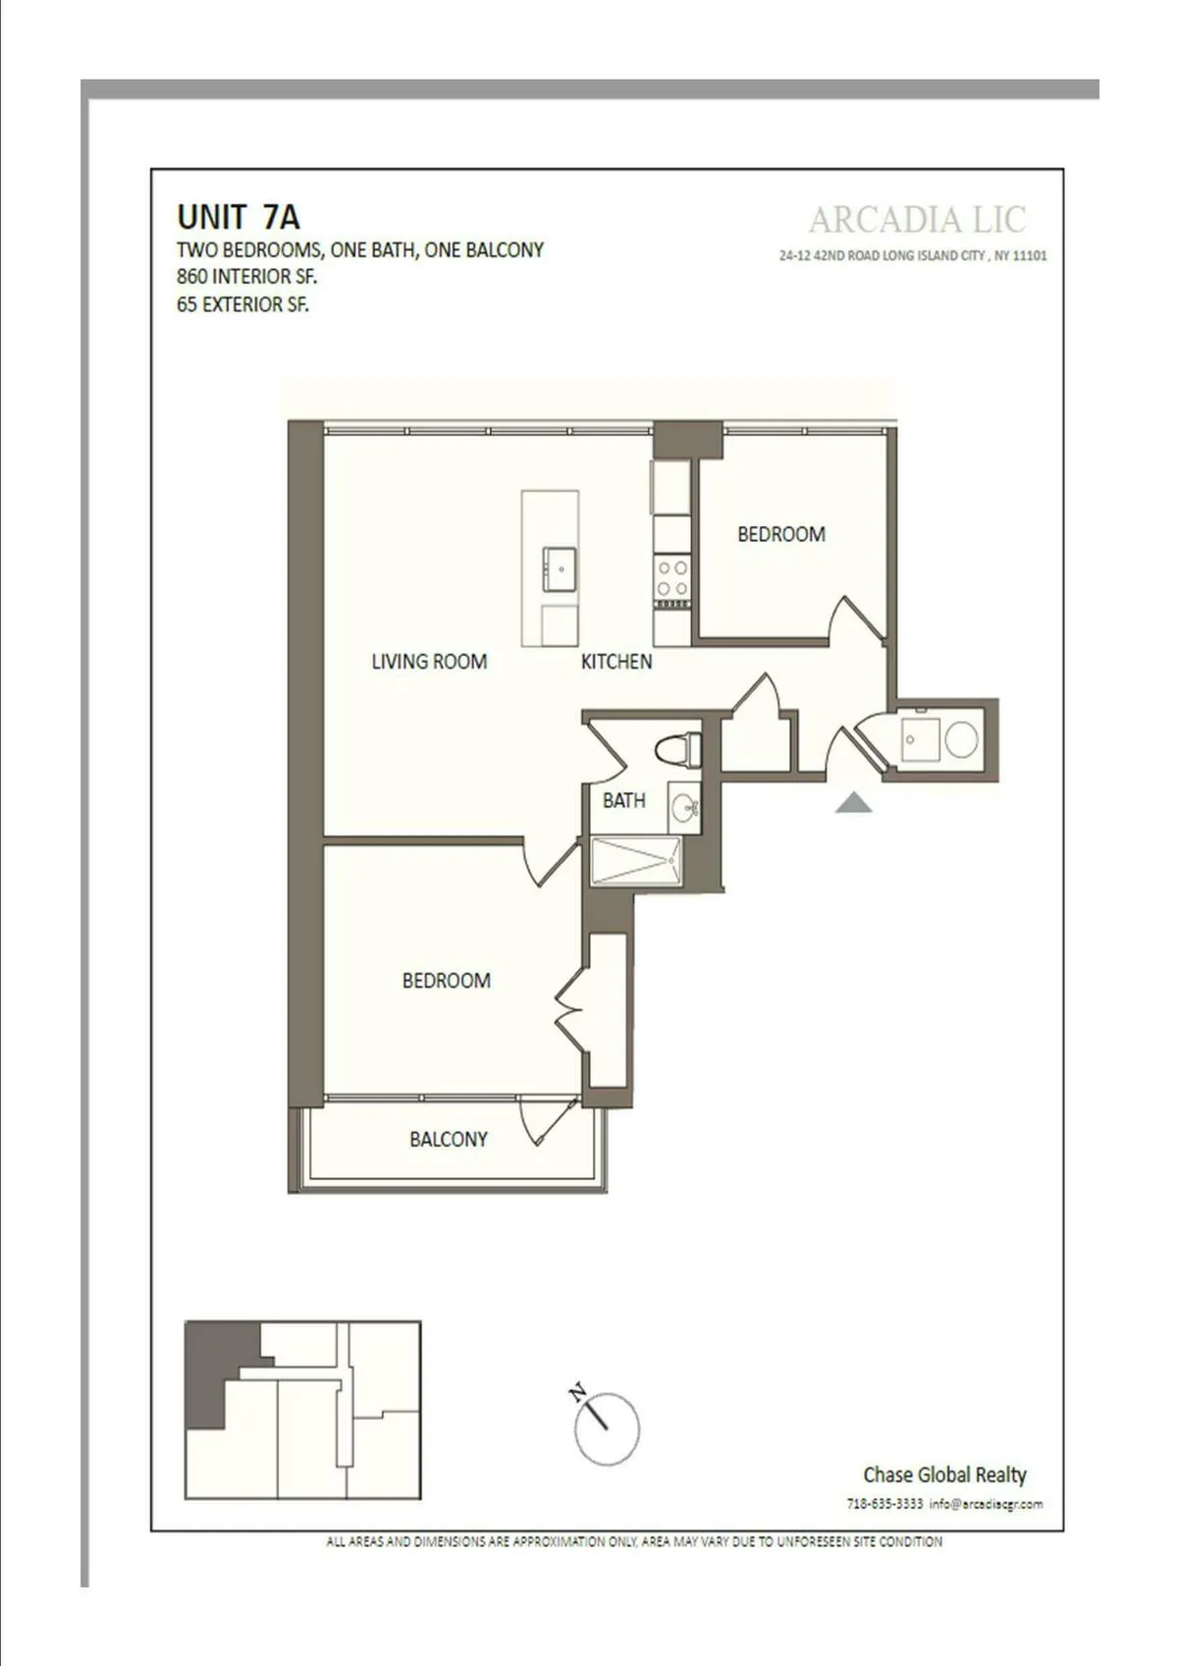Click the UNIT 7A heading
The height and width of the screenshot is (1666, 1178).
click(239, 217)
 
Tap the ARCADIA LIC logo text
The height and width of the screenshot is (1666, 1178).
click(917, 220)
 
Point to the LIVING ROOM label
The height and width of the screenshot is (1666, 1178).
click(429, 662)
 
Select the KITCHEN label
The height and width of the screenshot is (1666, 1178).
click(616, 662)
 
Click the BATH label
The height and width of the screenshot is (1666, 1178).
click(623, 800)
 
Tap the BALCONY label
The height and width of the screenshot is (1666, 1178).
click(448, 1139)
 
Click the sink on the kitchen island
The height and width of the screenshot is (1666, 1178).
click(561, 568)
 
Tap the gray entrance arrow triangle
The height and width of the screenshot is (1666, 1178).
click(854, 803)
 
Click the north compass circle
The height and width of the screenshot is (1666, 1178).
click(608, 1428)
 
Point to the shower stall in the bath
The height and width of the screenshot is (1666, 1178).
click(636, 861)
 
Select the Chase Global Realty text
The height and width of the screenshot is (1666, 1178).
click(944, 1475)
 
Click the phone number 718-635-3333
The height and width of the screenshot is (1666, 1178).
click(884, 1503)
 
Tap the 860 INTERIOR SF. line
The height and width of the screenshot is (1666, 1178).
click(246, 277)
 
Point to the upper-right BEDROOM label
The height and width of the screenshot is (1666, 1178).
click(781, 534)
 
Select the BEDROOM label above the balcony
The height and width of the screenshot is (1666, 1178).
click(446, 980)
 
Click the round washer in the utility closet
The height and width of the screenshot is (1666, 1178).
click(960, 739)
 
